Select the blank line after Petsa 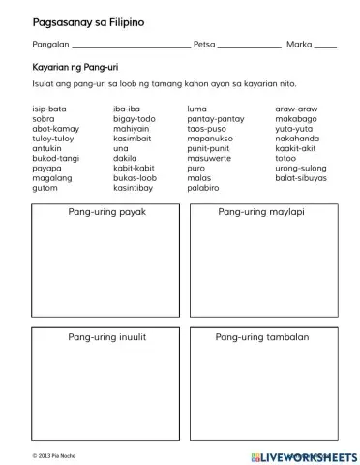tap(250, 46)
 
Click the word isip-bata tap(49, 108)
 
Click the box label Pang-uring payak tap(106, 211)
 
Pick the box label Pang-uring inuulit tap(106, 336)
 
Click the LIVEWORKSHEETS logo tap(303, 454)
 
